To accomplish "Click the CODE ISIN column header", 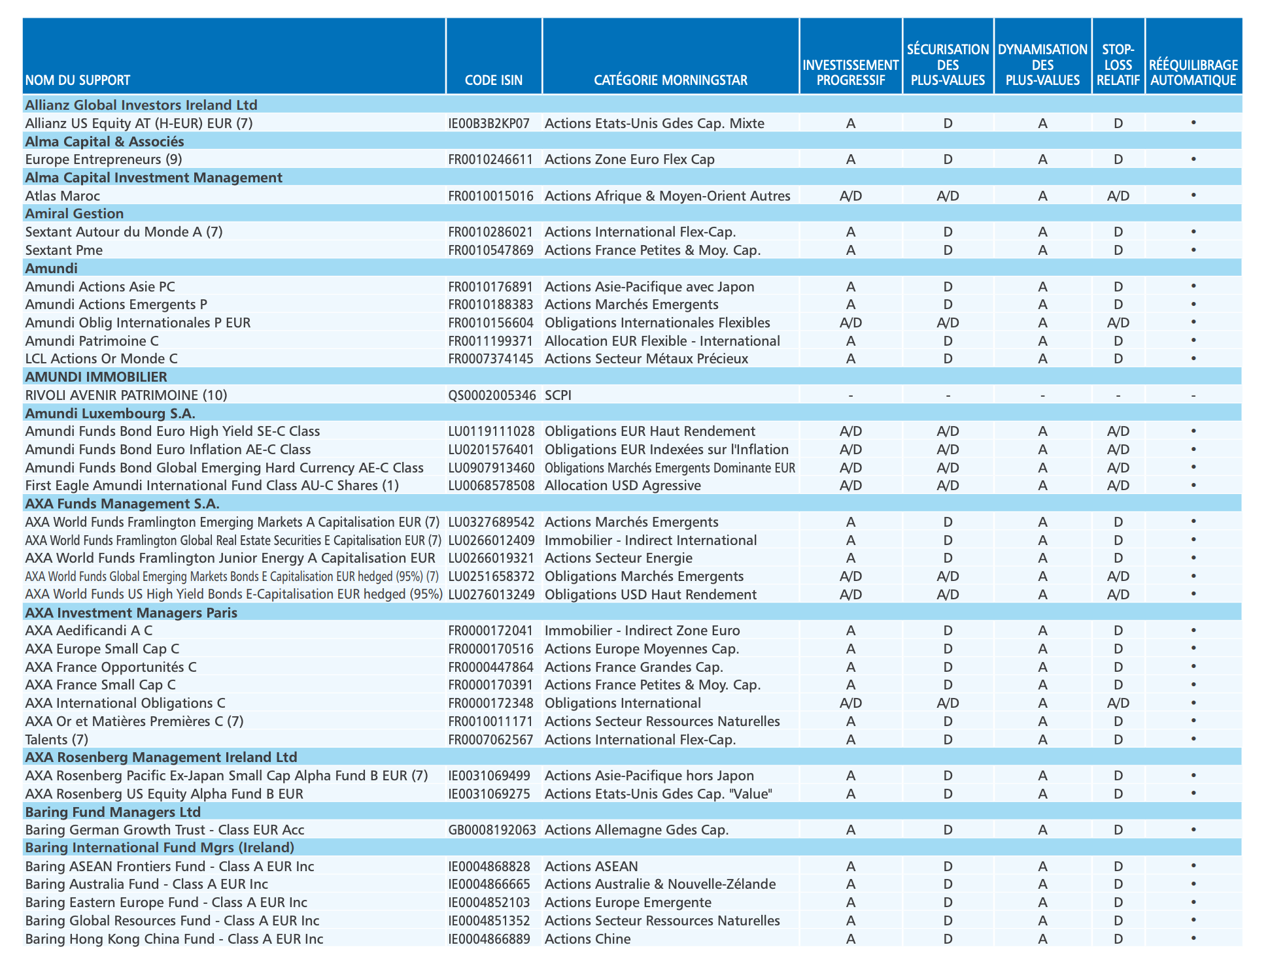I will [x=493, y=80].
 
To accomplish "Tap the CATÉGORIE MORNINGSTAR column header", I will [x=670, y=80].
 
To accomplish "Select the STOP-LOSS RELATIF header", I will [x=1118, y=65].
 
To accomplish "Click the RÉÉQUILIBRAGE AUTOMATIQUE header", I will [x=1193, y=73].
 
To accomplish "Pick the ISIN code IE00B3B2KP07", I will [x=489, y=124].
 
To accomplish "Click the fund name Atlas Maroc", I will [x=62, y=196].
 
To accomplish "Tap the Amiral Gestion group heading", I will [x=74, y=214].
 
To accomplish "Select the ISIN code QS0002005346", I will [x=492, y=395].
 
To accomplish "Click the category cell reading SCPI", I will [x=558, y=395].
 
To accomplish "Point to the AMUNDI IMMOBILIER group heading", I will [x=96, y=377].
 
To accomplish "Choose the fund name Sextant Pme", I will [x=63, y=250].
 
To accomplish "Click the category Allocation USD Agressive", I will [x=623, y=486].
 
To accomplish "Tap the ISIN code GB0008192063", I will [x=492, y=830].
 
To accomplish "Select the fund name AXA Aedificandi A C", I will [x=88, y=631].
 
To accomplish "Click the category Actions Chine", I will [x=587, y=939].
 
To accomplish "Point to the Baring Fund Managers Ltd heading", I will [x=112, y=812].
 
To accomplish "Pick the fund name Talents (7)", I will [x=56, y=740].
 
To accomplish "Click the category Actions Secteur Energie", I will [x=618, y=558].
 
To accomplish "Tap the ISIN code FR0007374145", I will [x=490, y=359].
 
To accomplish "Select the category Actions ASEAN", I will [x=591, y=867].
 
